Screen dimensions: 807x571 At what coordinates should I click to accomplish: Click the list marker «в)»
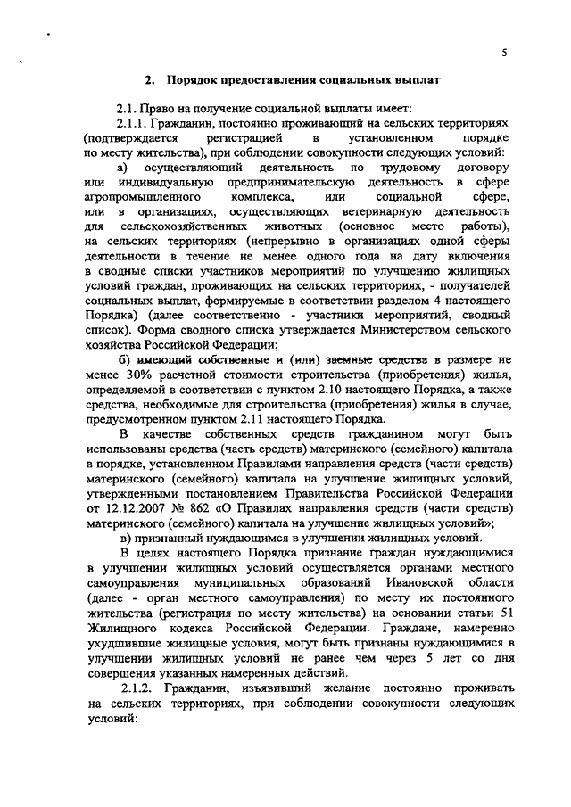click(125, 538)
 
